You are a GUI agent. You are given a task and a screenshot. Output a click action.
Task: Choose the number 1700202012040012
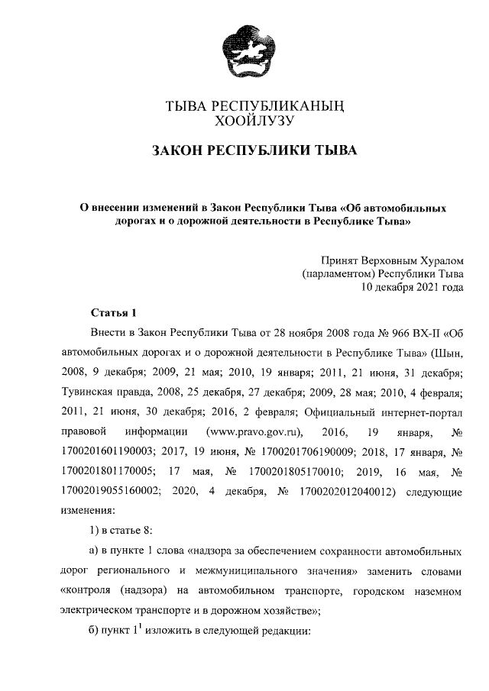pos(346,490)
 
